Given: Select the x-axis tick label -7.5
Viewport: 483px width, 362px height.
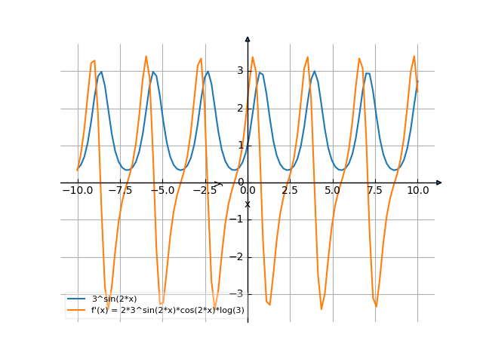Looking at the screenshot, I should [x=120, y=192].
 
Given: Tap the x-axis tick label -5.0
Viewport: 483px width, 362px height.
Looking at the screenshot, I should [x=162, y=192].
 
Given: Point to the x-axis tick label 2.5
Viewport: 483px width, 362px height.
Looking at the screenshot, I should [x=290, y=192].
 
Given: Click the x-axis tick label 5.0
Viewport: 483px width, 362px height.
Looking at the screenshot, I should [x=332, y=192].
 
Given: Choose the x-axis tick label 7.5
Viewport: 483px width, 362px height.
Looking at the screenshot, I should [x=375, y=192].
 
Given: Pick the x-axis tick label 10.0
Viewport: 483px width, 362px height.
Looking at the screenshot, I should [x=417, y=192].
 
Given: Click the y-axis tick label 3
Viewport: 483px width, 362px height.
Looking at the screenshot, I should [x=240, y=71].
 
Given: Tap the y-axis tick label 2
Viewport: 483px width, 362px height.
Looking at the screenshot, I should [x=240, y=108].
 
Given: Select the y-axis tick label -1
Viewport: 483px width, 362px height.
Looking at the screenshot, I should [x=238, y=219].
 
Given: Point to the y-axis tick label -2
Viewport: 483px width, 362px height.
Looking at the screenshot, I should [x=238, y=256].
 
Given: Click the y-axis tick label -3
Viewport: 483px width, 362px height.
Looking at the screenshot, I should [x=238, y=293].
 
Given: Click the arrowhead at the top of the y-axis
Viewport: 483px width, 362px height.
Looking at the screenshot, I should [x=248, y=38].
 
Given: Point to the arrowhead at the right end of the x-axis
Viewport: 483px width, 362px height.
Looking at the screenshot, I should [x=438, y=183].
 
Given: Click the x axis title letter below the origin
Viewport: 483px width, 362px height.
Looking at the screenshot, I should [x=248, y=204].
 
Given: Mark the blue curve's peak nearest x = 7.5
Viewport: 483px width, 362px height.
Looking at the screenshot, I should [x=368, y=73].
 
